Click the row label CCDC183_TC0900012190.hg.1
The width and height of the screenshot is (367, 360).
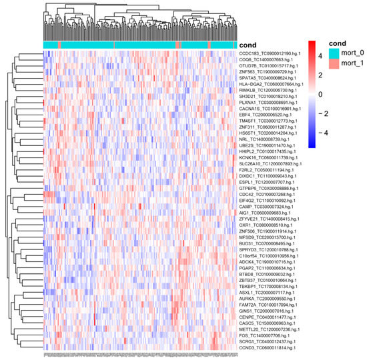coord(270,53)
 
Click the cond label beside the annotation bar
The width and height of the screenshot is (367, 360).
coord(246,44)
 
